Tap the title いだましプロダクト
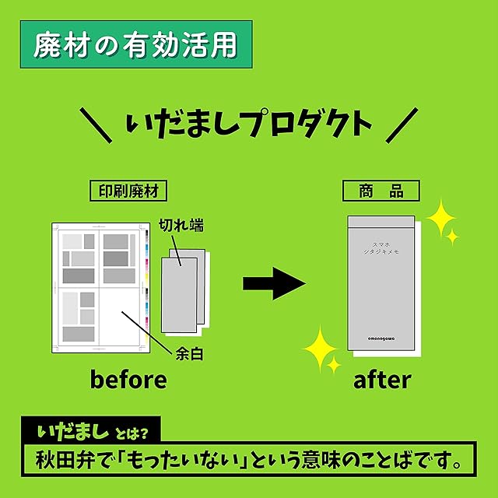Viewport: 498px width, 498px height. point(248,124)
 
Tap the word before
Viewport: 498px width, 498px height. point(128,380)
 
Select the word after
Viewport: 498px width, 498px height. point(381,380)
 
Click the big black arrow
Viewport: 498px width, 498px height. point(272,283)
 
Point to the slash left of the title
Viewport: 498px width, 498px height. point(95,124)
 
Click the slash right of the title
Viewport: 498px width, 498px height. point(402,124)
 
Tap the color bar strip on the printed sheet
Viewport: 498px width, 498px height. point(146,272)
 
